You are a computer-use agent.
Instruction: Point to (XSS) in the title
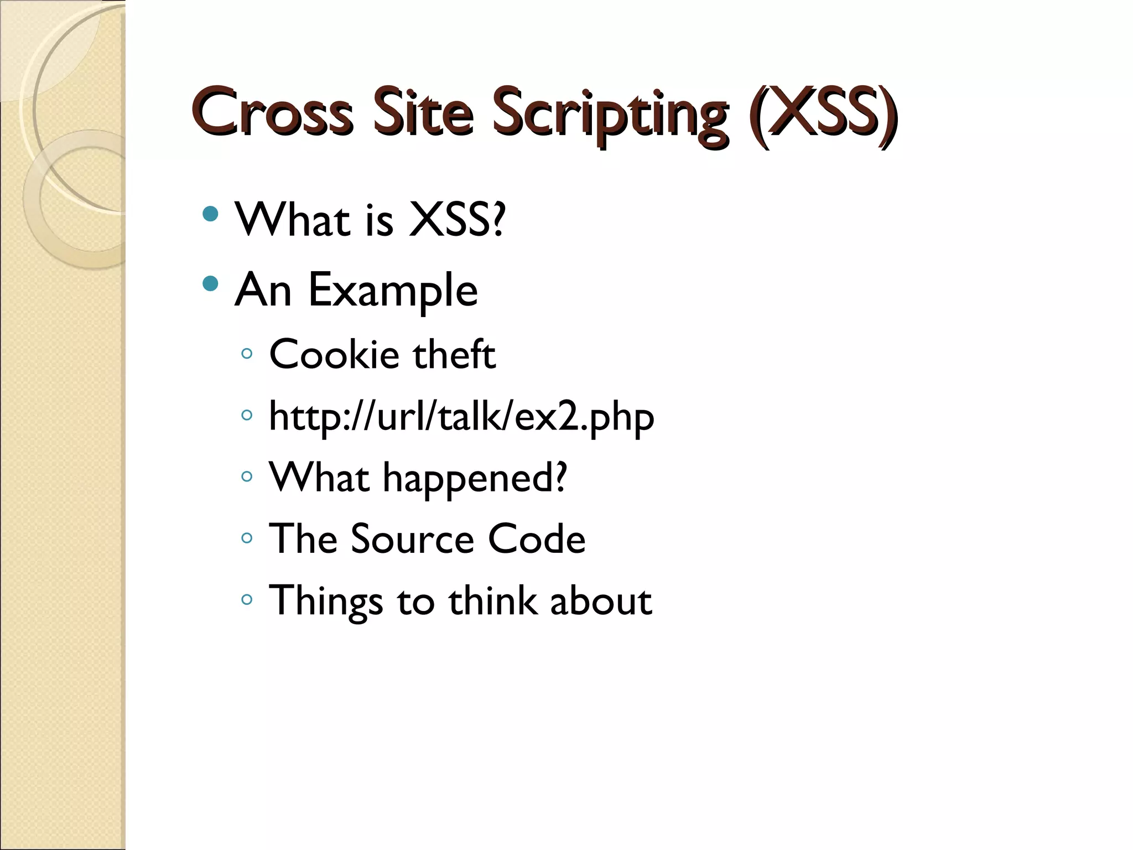pyautogui.click(x=823, y=112)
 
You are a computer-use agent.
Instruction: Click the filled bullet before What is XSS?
pyautogui.click(x=210, y=214)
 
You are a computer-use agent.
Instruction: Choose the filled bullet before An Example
pyautogui.click(x=210, y=284)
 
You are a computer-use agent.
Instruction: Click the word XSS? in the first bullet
pyautogui.click(x=457, y=220)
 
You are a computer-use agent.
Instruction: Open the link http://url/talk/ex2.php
pyautogui.click(x=461, y=416)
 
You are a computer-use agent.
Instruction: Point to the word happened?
pyautogui.click(x=475, y=478)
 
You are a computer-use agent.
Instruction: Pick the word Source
pyautogui.click(x=413, y=539)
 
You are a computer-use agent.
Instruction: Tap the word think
pyautogui.click(x=492, y=600)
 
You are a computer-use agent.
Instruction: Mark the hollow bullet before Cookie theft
pyautogui.click(x=247, y=353)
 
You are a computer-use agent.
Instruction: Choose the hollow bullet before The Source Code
pyautogui.click(x=247, y=538)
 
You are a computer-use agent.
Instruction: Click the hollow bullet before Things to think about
pyautogui.click(x=247, y=599)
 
